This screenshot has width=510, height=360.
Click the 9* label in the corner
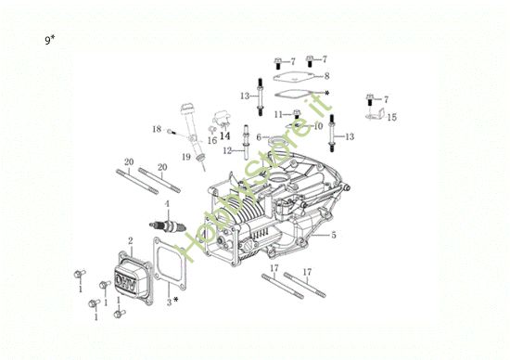(50, 41)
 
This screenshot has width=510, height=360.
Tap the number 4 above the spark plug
(167, 203)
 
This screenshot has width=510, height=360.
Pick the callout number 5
(332, 236)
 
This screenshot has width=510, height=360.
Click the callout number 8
(326, 75)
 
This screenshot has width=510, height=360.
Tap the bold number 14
(224, 135)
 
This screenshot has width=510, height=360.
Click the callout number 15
(391, 118)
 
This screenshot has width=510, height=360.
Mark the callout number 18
(157, 129)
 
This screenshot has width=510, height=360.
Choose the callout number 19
(186, 158)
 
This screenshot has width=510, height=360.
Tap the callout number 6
(259, 137)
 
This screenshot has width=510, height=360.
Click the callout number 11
(277, 113)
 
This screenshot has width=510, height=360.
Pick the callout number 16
(211, 141)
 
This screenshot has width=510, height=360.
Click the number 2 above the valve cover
(130, 240)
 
